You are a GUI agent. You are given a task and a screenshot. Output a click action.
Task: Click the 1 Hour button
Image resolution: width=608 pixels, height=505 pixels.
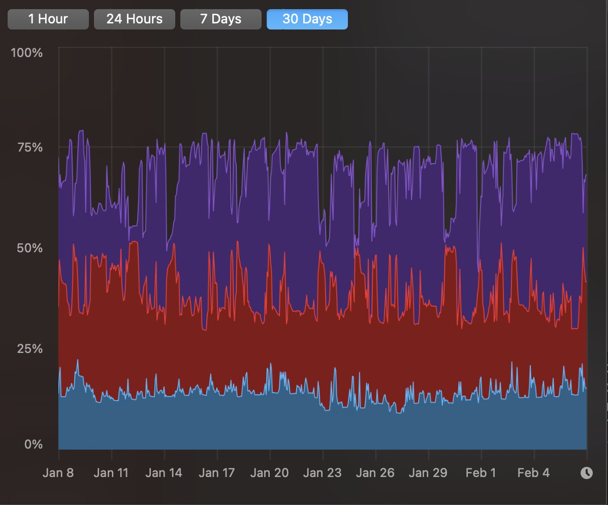click(48, 19)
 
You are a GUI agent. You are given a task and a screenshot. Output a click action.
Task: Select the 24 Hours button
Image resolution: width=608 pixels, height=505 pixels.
click(134, 19)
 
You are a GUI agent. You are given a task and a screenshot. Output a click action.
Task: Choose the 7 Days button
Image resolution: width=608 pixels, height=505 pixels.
click(220, 19)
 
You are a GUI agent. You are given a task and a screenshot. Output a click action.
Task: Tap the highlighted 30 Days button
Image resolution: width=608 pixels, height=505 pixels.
click(307, 19)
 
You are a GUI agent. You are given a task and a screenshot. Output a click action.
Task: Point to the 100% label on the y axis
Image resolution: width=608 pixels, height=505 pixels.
click(26, 53)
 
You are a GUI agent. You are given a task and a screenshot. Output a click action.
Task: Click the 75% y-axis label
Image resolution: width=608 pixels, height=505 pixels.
click(30, 148)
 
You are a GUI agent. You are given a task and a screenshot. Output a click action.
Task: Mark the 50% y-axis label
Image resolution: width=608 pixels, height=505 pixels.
click(30, 248)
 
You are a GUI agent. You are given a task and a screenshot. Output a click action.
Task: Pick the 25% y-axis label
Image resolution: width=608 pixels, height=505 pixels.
click(30, 349)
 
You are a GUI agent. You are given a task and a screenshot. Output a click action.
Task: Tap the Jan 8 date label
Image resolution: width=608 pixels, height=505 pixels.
click(58, 473)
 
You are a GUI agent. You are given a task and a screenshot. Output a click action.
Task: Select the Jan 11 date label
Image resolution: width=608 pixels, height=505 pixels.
click(111, 473)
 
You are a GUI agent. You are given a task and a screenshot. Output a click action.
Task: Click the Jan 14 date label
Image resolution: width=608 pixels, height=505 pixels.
click(164, 473)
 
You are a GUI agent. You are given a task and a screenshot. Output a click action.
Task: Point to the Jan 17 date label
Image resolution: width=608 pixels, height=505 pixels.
click(216, 473)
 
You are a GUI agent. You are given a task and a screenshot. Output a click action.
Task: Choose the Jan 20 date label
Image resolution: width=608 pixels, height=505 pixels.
click(269, 473)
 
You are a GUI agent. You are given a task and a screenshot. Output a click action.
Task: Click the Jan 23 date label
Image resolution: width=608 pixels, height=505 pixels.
click(322, 473)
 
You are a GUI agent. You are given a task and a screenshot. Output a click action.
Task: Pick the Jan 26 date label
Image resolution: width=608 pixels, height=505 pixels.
click(375, 473)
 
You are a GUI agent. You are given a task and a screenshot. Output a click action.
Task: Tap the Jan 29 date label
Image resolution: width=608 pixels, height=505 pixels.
click(428, 473)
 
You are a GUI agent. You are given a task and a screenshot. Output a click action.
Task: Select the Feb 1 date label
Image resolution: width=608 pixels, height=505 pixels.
click(481, 473)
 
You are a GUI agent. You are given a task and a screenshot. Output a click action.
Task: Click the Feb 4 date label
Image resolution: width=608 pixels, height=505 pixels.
click(533, 473)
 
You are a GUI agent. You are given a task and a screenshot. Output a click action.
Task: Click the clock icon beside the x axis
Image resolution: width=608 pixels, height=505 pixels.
click(586, 473)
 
